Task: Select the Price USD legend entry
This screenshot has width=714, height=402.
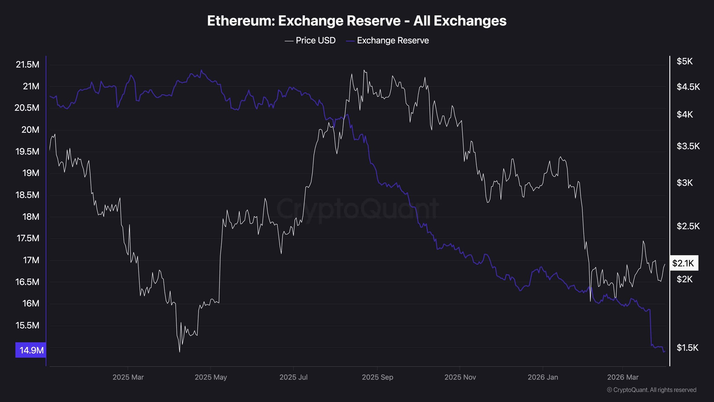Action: click(x=310, y=40)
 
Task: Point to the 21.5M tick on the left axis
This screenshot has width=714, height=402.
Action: click(x=27, y=64)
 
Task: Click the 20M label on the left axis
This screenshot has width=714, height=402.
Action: click(x=30, y=130)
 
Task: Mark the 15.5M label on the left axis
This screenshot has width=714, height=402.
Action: click(x=27, y=325)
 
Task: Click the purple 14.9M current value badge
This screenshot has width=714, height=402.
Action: click(x=31, y=350)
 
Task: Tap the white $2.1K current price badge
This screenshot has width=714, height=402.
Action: click(x=683, y=263)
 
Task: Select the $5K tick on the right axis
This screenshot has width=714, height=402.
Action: click(x=684, y=61)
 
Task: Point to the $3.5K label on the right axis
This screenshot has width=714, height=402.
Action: click(x=688, y=146)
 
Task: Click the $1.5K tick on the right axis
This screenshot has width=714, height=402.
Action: click(x=687, y=348)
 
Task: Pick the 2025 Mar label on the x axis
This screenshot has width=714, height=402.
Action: click(x=128, y=377)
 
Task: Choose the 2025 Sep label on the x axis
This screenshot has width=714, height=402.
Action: click(x=377, y=377)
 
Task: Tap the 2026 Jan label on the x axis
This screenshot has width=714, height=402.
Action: click(x=543, y=377)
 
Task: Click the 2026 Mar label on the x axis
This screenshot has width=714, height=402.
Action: click(x=623, y=377)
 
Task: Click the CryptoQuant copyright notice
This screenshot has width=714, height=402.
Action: click(x=652, y=390)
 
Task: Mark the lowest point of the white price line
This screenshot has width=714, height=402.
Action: click(x=179, y=352)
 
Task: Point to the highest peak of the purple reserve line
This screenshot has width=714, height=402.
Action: click(x=201, y=70)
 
